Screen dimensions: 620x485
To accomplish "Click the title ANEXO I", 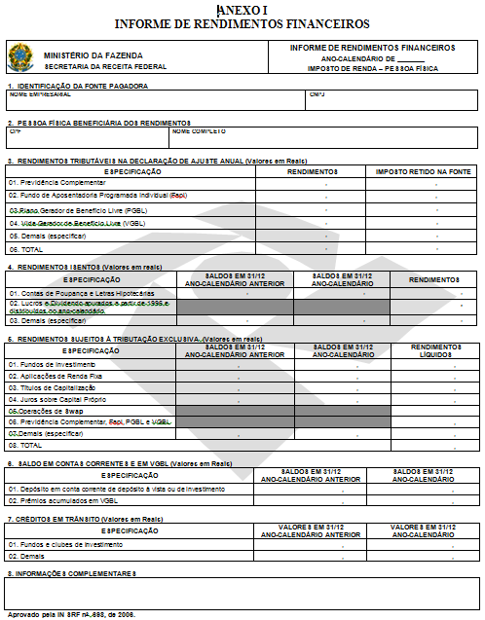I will pyautogui.click(x=242, y=9).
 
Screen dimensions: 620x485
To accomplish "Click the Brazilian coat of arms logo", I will pyautogui.click(x=19, y=57).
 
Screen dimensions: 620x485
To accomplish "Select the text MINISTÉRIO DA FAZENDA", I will pyautogui.click(x=92, y=55).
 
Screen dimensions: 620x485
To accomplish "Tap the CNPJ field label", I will pyautogui.click(x=317, y=94).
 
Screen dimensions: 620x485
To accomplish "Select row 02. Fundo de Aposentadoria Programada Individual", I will pyautogui.click(x=96, y=195).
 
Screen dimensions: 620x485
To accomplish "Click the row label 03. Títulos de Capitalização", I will pyautogui.click(x=56, y=386).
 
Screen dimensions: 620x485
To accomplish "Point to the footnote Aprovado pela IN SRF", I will pyautogui.click(x=71, y=614).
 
